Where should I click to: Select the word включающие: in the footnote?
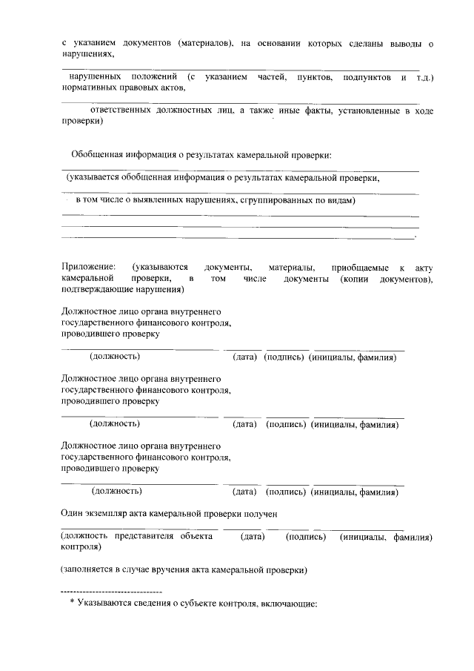coord(291,604)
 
